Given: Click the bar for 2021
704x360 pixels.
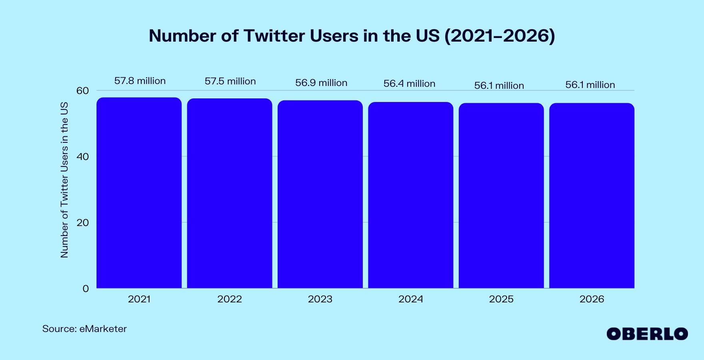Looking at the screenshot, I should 139,193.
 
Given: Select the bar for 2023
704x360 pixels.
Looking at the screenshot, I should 320,194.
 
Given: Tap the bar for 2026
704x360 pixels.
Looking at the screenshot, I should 592,196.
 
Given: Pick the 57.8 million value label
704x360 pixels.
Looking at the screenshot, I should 140,81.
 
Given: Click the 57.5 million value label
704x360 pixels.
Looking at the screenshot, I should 230,81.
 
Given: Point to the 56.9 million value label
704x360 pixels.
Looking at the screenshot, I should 321,83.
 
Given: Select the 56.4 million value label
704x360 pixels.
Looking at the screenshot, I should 409,84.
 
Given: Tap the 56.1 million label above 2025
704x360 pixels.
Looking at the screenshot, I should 499,86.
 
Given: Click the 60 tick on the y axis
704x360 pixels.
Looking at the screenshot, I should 82,91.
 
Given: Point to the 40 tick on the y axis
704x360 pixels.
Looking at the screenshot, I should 82,157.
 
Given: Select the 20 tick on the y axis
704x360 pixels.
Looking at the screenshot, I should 82,223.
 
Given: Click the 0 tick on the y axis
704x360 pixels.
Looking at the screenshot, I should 86,289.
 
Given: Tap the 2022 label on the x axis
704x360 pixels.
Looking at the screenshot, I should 230,299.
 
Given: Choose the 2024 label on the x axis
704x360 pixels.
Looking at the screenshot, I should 410,299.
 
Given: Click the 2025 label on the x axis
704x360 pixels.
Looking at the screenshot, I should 501,299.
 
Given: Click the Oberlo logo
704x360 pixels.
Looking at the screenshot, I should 647,334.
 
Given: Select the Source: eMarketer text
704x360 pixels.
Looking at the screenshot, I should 84,329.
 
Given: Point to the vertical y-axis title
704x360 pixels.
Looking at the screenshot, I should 64,180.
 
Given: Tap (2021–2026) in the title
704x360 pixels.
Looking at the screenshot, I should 500,36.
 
